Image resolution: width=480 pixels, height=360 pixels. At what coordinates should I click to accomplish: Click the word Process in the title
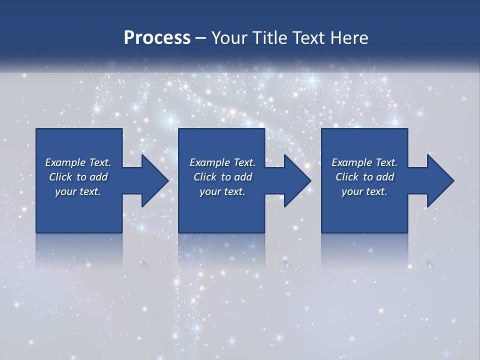click(157, 38)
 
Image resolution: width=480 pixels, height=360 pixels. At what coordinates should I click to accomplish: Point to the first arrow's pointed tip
click(168, 180)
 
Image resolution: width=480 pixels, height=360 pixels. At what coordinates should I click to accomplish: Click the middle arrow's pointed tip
click(310, 180)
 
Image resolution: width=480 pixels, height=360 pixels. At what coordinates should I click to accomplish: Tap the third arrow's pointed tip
click(453, 180)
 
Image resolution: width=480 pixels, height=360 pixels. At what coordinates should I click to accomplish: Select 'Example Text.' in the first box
click(78, 162)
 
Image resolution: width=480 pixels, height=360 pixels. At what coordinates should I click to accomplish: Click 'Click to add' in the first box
click(78, 177)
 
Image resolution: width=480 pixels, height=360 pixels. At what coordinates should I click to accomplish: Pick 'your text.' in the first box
click(78, 191)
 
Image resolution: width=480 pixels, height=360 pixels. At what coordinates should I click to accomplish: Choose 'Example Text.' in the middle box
click(222, 162)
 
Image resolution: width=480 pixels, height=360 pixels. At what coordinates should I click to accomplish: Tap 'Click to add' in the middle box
click(222, 177)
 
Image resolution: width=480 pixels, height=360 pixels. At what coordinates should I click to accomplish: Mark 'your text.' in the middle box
click(222, 191)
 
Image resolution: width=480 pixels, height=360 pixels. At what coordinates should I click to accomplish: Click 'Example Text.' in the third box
click(364, 162)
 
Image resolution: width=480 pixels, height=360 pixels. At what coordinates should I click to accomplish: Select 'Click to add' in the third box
click(364, 177)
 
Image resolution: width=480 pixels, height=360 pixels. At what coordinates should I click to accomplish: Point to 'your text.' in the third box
click(364, 191)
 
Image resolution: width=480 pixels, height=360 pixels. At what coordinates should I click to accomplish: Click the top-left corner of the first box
click(36, 129)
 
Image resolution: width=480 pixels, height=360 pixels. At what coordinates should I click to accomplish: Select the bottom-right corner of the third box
click(407, 232)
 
